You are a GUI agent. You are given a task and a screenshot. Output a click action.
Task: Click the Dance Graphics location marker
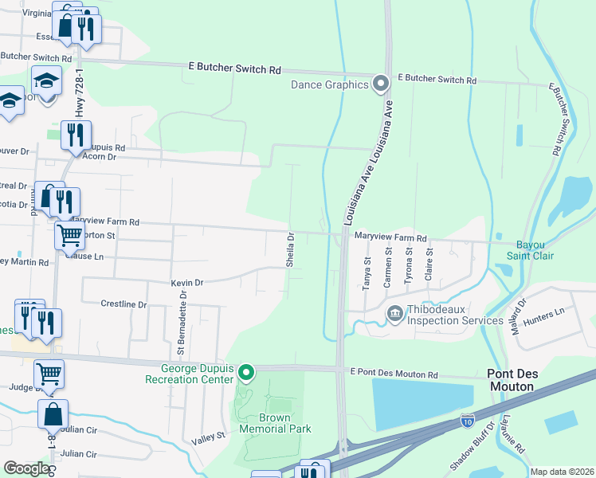click(381, 83)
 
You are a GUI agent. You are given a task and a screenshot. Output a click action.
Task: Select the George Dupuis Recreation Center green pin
click(247, 372)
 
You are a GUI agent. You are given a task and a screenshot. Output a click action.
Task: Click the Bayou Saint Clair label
click(530, 249)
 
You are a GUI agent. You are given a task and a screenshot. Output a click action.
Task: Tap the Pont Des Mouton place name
click(522, 379)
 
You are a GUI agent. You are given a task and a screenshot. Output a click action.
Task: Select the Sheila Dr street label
click(291, 249)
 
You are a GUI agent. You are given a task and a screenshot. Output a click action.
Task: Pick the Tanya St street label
click(367, 272)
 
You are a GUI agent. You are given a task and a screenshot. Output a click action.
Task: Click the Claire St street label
click(429, 262)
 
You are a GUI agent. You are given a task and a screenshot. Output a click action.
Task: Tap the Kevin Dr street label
click(187, 283)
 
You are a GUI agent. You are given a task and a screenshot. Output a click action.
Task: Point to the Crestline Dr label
click(124, 304)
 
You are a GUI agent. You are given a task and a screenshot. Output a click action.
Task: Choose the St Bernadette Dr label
click(182, 323)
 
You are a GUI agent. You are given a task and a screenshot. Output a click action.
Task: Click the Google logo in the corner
click(26, 468)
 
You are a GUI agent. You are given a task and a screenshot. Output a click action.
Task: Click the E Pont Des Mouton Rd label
click(394, 374)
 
